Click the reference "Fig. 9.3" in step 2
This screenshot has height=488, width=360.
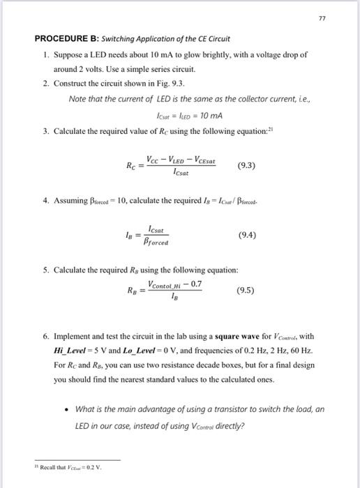click(164, 84)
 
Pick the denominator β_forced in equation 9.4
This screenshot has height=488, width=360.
click(158, 243)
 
